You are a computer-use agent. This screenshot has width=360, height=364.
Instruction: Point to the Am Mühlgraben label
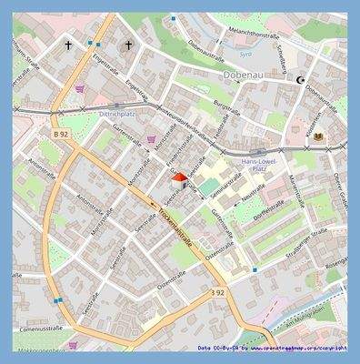pos(323,310)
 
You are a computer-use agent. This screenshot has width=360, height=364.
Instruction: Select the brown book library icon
pos(319,136)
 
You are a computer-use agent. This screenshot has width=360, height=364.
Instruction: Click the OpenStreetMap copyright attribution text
pos(273,348)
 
